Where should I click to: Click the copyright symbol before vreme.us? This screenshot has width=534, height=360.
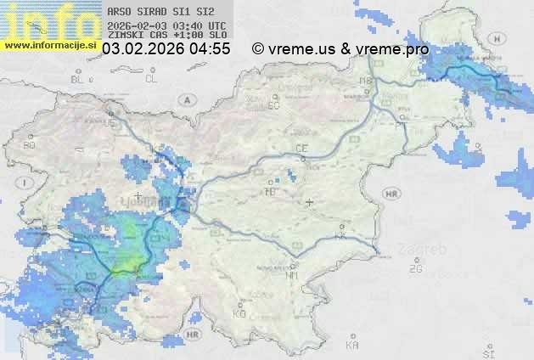[x=257, y=49]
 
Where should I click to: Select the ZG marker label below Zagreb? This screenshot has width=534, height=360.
[x=415, y=269]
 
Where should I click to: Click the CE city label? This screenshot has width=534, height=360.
[x=301, y=149]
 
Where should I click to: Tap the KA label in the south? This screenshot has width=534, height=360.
[x=352, y=346]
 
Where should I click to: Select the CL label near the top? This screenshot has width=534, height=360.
[x=151, y=79]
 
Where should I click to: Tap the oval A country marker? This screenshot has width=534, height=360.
[x=185, y=98]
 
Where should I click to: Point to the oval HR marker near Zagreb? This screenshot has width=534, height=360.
[x=391, y=194]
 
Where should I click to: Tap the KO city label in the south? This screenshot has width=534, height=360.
[x=239, y=313]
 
